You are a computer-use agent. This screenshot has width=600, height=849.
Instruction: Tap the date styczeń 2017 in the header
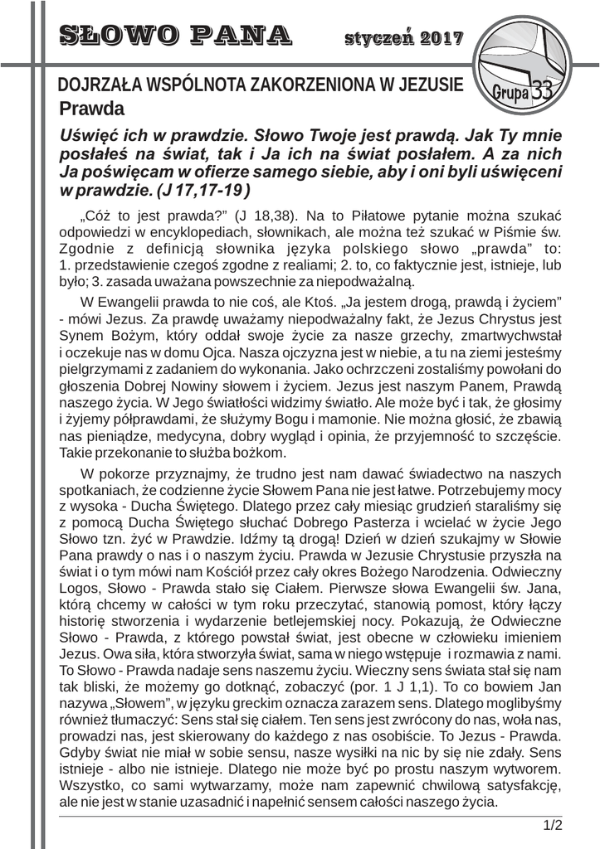403,37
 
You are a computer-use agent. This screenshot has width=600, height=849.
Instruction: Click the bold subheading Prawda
91,109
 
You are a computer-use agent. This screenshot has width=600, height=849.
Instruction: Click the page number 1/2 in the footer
552,826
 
